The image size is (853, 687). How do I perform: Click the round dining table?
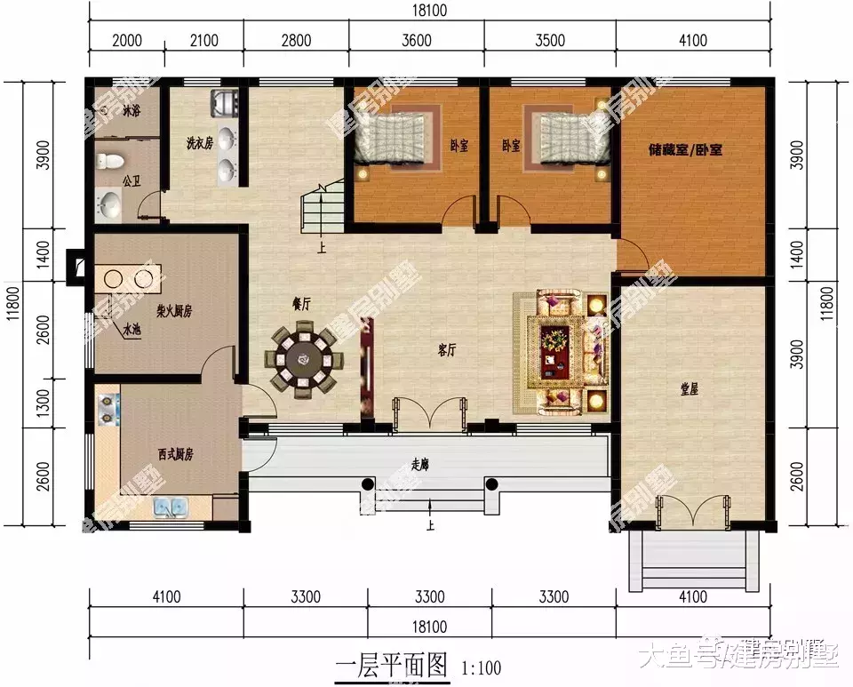click(x=302, y=360)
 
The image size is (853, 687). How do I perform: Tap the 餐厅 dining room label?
click(x=301, y=303)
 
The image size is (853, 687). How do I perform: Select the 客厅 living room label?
click(x=446, y=350)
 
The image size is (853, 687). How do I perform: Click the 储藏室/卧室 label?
click(x=685, y=150)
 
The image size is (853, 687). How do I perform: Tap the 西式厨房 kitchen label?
click(x=176, y=454)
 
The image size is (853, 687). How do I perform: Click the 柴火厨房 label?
click(x=175, y=312)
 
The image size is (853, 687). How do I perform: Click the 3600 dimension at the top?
click(x=416, y=40)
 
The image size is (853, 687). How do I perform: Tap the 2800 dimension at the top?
click(x=296, y=40)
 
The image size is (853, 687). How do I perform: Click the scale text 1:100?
click(x=481, y=667)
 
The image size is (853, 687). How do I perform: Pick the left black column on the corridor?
click(x=368, y=484)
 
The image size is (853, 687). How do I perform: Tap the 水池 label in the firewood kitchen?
click(x=132, y=330)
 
